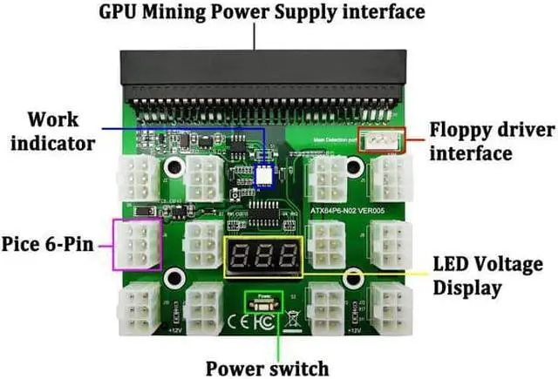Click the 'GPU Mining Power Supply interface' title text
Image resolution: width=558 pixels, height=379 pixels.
262,13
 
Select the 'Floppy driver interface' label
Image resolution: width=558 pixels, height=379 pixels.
492,141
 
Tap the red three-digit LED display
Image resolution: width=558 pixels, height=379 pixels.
264,255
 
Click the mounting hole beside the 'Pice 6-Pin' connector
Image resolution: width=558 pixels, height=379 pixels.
175,278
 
